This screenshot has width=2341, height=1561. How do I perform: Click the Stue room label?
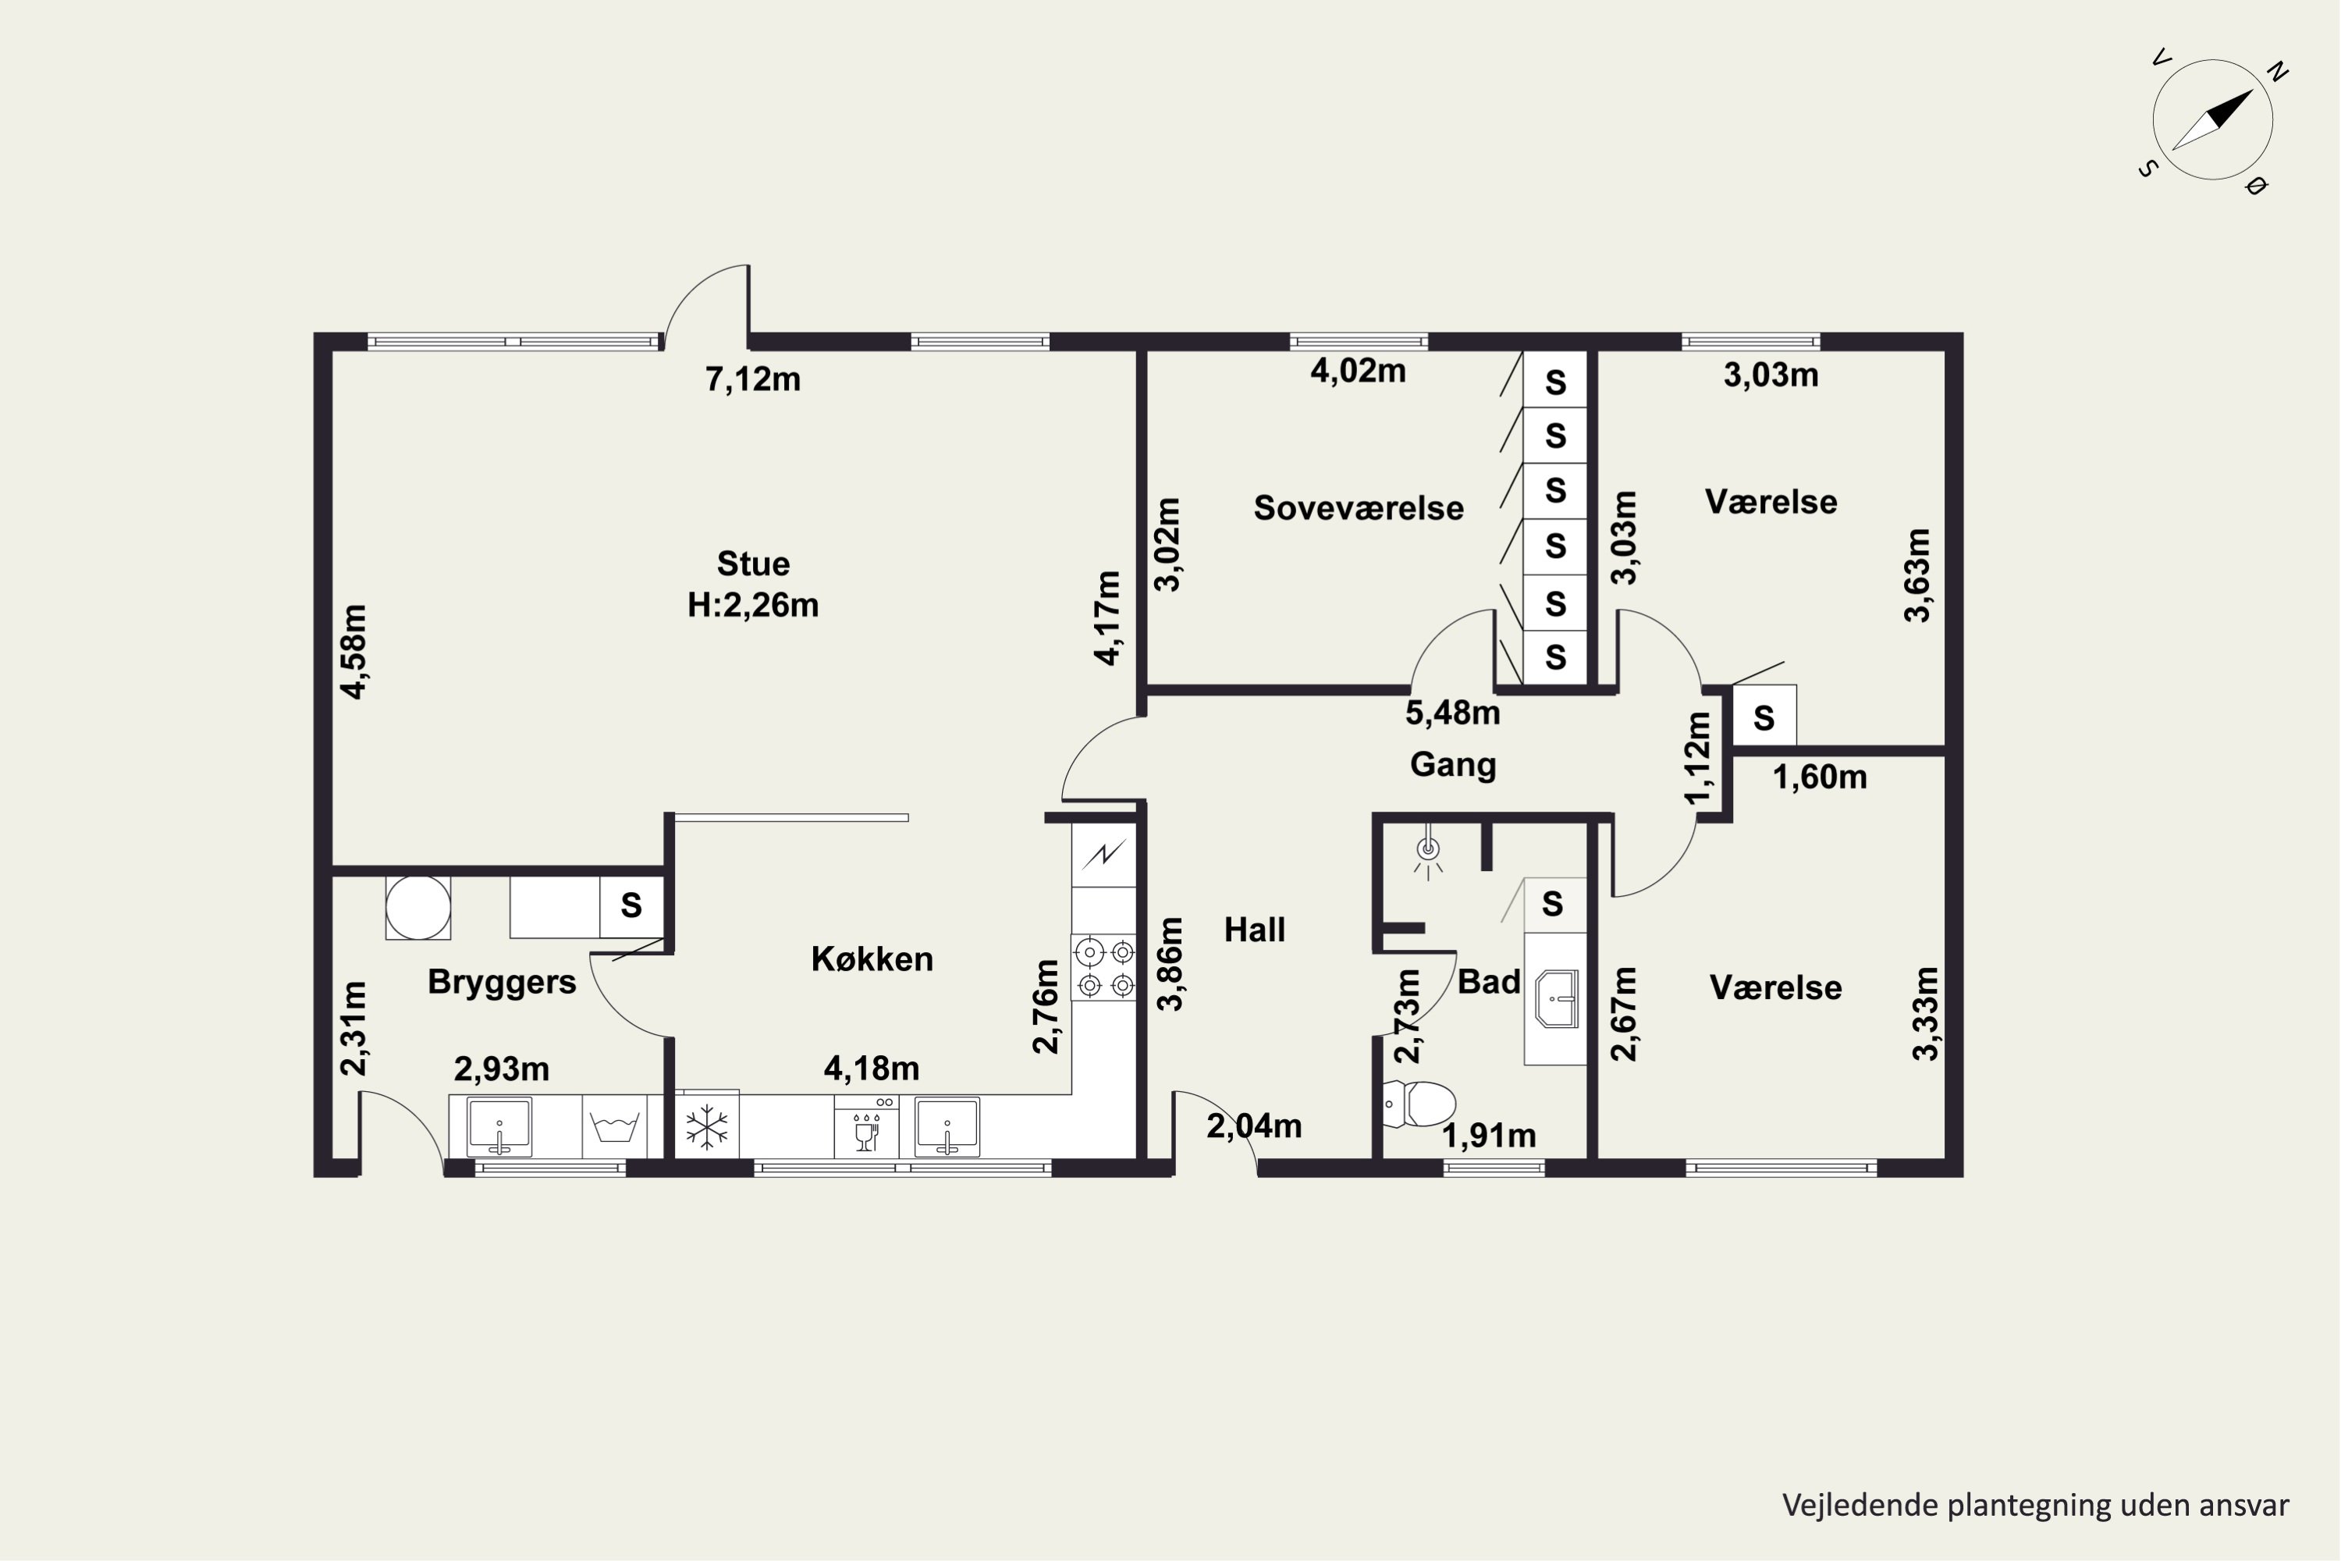[754, 564]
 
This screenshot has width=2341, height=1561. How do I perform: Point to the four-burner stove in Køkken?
[1104, 968]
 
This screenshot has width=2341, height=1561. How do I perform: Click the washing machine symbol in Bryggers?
[614, 1127]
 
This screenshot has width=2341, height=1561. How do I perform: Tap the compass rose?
[2212, 120]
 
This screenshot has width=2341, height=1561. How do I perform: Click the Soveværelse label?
[1359, 508]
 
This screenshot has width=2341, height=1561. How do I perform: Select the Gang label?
[1453, 765]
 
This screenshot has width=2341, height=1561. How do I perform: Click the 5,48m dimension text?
[1452, 713]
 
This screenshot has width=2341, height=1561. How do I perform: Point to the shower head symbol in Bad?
[1428, 853]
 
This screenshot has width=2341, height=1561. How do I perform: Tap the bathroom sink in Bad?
[1557, 998]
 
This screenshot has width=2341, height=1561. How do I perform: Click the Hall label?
[1254, 930]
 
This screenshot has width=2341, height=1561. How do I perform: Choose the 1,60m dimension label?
[1820, 777]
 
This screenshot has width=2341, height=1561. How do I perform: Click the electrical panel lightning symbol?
[1104, 854]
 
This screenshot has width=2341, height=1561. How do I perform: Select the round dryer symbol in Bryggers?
[418, 908]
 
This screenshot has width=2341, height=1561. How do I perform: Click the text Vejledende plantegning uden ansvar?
[2035, 1506]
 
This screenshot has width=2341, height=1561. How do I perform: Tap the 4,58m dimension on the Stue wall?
[353, 651]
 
